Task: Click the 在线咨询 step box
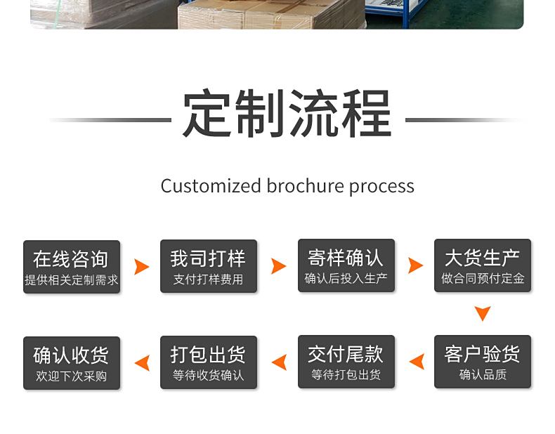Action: pyautogui.click(x=72, y=267)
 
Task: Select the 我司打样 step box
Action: pyautogui.click(x=209, y=266)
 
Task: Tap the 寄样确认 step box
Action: pyautogui.click(x=346, y=265)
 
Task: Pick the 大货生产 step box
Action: pyautogui.click(x=483, y=265)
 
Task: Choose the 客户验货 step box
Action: pyautogui.click(x=483, y=362)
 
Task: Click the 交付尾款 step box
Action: pyautogui.click(x=346, y=362)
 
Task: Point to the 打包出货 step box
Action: pyautogui.click(x=209, y=362)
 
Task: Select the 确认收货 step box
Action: pyautogui.click(x=72, y=363)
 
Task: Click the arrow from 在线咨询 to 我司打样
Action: pyautogui.click(x=142, y=267)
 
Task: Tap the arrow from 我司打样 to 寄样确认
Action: pyautogui.click(x=279, y=266)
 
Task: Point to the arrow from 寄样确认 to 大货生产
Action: pyautogui.click(x=415, y=265)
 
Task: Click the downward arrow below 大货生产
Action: pyautogui.click(x=483, y=313)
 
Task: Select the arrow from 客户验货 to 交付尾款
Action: pyautogui.click(x=417, y=362)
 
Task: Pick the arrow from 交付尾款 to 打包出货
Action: pyautogui.click(x=280, y=362)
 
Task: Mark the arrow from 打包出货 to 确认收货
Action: pyautogui.click(x=143, y=363)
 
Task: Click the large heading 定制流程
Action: pyautogui.click(x=287, y=113)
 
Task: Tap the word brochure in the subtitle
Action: pyautogui.click(x=305, y=185)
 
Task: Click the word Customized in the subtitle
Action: pyautogui.click(x=211, y=185)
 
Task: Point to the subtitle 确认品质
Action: pyautogui.click(x=483, y=374)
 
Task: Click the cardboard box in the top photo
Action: pyautogui.click(x=272, y=14)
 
